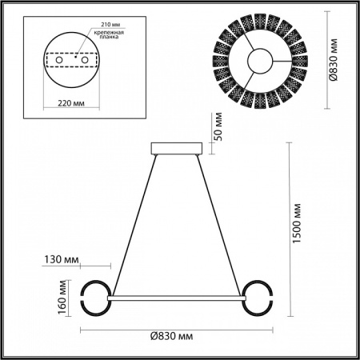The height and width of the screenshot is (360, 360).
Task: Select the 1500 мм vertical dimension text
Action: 298,225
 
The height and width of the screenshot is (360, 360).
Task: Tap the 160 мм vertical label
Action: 62,297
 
